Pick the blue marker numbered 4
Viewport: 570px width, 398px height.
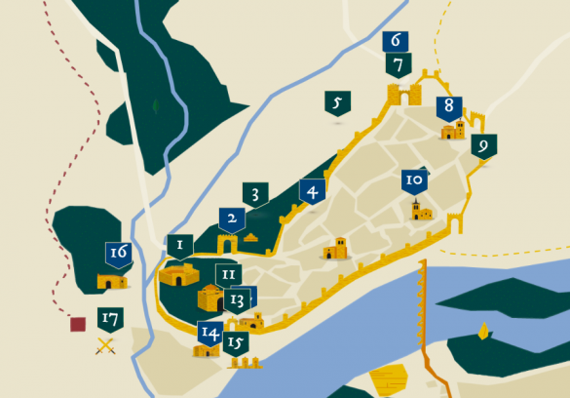(312, 192)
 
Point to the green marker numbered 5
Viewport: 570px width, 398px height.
(337, 103)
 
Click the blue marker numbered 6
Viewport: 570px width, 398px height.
(396, 42)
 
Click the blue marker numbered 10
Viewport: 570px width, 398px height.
(414, 181)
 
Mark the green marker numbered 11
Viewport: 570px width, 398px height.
(228, 276)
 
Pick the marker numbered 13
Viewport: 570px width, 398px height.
(238, 299)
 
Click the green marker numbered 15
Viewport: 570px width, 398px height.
(235, 343)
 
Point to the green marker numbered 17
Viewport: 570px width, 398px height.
(110, 319)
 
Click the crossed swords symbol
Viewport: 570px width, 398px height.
(105, 344)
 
